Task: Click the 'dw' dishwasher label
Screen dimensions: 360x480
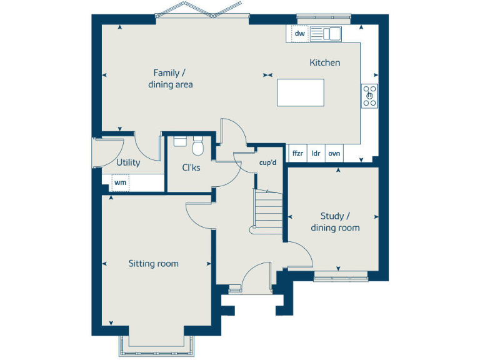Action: tap(300, 34)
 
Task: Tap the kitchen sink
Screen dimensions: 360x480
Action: tap(326, 34)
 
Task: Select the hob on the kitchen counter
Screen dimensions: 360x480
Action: tap(370, 96)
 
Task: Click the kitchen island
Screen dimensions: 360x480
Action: tap(301, 93)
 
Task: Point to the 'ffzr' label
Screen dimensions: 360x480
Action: tap(297, 153)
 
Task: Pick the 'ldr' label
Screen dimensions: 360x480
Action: tap(316, 153)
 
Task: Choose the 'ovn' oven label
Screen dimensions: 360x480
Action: tap(334, 153)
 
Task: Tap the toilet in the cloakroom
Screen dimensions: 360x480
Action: tap(198, 147)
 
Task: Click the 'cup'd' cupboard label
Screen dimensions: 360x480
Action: tap(267, 162)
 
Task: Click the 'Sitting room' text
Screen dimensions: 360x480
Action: tap(153, 264)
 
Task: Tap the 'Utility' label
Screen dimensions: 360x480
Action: tap(128, 162)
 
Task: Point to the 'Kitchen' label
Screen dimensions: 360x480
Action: tap(325, 62)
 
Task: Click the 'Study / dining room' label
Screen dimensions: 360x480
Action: tap(335, 222)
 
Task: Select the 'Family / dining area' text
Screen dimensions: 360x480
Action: tap(170, 79)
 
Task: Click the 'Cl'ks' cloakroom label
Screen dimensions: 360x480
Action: tap(191, 167)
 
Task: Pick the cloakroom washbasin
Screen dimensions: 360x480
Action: tap(179, 141)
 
